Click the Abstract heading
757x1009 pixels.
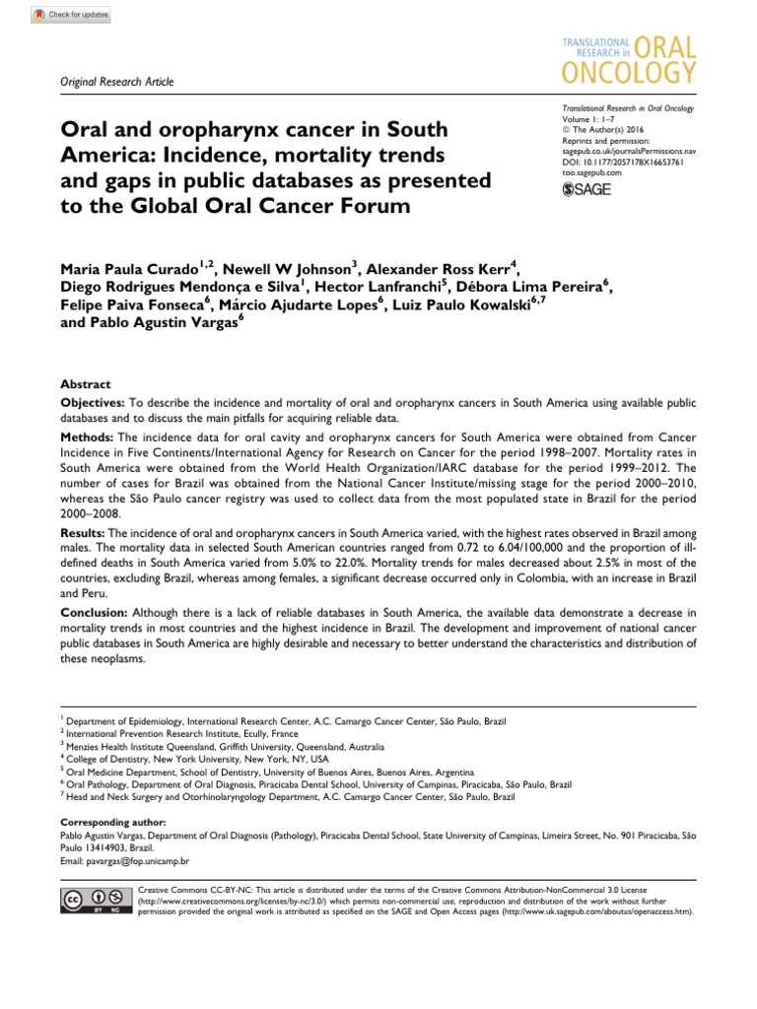[x=86, y=384]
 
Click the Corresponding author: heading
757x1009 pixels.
[x=113, y=821]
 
